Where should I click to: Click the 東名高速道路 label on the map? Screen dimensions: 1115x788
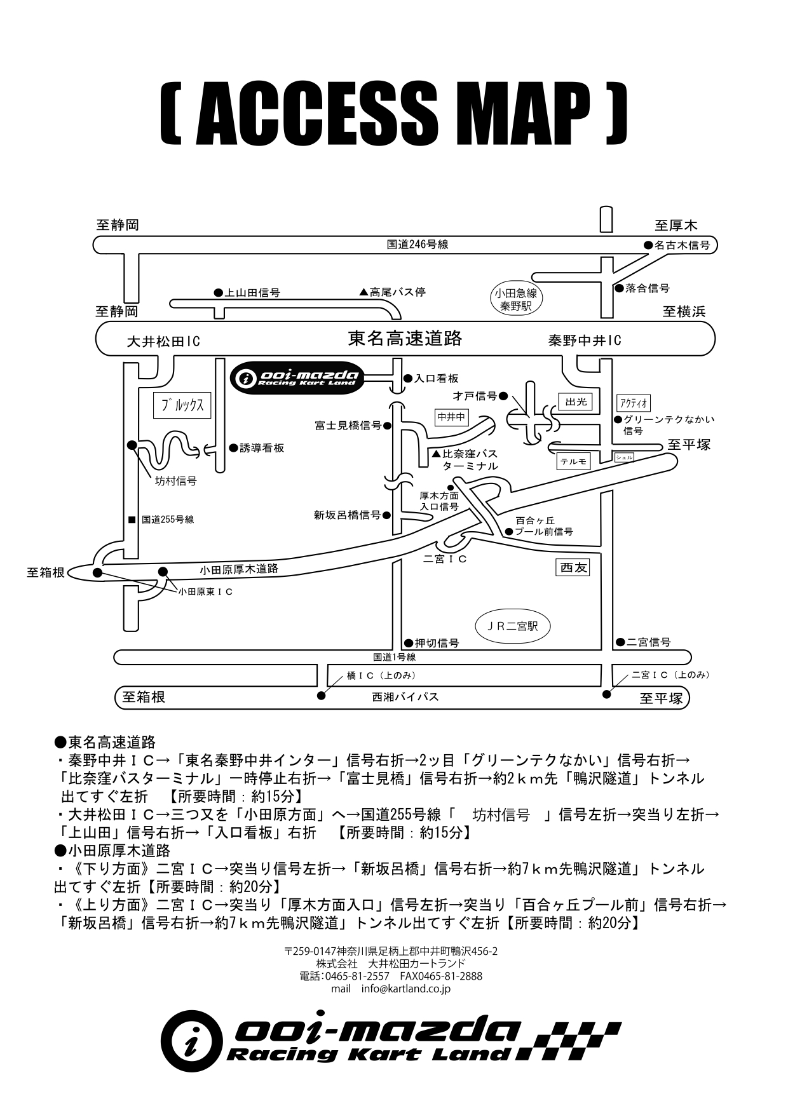[x=405, y=338]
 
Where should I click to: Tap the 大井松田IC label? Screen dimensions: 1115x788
[x=163, y=341]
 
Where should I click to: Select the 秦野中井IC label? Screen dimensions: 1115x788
[x=585, y=341]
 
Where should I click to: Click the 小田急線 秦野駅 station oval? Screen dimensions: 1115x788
[x=515, y=299]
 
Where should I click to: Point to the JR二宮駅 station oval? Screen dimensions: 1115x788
[x=512, y=626]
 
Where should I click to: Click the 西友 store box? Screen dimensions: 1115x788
[x=573, y=568]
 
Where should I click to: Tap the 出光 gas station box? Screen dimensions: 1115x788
[x=576, y=402]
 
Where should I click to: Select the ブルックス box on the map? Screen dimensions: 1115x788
[x=182, y=405]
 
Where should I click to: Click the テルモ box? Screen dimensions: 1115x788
[x=573, y=461]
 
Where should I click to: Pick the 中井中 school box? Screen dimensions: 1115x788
[x=452, y=417]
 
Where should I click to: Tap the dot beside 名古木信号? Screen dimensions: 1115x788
[x=648, y=245]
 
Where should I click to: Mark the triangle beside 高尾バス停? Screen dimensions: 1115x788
[x=363, y=292]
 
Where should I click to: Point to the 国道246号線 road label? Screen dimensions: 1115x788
[x=418, y=244]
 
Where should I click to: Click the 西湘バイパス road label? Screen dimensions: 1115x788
[x=405, y=697]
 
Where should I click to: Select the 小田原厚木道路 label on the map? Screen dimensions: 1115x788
[x=239, y=569]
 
